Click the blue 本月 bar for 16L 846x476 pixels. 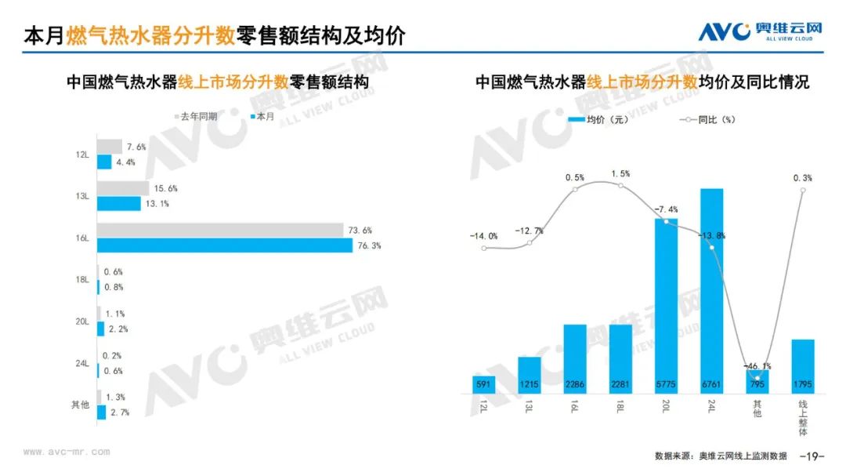pyautogui.click(x=225, y=245)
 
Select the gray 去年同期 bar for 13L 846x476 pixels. pyautogui.click(x=123, y=188)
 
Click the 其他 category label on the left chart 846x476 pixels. pyautogui.click(x=80, y=405)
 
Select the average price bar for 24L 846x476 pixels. pyautogui.click(x=711, y=290)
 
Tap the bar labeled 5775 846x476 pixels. pyautogui.click(x=666, y=305)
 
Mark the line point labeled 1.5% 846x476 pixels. pyautogui.click(x=620, y=186)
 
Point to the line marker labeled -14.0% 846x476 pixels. pyautogui.click(x=484, y=249)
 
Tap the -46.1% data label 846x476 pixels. pyautogui.click(x=757, y=365)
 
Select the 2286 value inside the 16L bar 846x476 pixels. pyautogui.click(x=575, y=384)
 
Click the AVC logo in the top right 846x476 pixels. pyautogui.click(x=760, y=32)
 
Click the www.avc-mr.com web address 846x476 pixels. pyautogui.click(x=67, y=452)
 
